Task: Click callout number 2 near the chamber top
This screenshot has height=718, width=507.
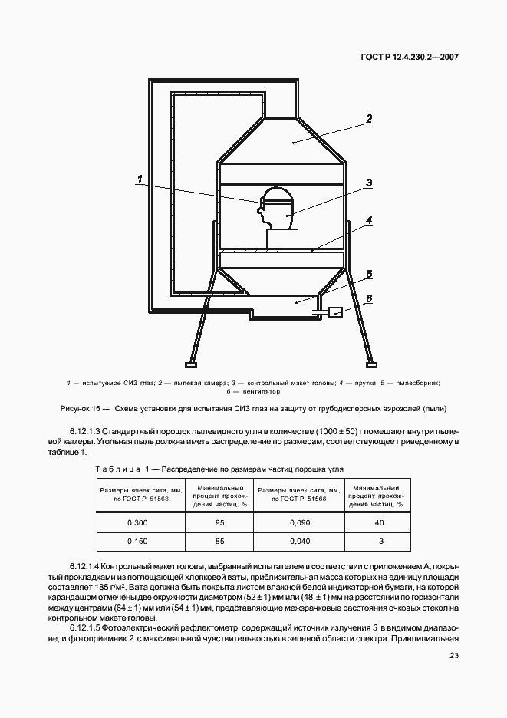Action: click(x=369, y=119)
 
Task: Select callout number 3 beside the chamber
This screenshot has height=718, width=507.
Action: click(x=369, y=183)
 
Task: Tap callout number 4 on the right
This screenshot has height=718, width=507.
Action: click(x=369, y=220)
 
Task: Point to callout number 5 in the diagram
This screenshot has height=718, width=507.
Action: click(x=369, y=273)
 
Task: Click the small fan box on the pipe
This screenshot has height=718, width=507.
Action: click(x=334, y=312)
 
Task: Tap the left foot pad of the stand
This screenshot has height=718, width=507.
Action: click(x=189, y=363)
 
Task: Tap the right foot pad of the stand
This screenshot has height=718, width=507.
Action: click(x=371, y=363)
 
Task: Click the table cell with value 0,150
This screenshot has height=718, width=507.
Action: click(x=137, y=541)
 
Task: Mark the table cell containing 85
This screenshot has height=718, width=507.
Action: click(x=220, y=541)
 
